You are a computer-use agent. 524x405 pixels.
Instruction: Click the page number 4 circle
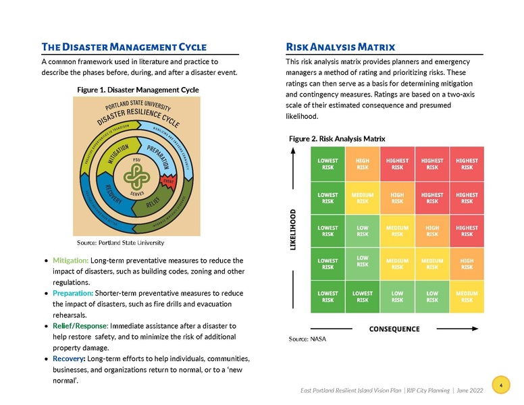[500, 385]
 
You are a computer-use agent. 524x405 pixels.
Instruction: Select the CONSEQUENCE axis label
[394, 329]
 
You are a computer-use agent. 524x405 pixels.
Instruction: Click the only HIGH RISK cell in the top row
[363, 164]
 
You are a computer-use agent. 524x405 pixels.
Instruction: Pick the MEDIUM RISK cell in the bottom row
[467, 297]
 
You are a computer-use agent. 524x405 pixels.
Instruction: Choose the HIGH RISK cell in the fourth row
[467, 264]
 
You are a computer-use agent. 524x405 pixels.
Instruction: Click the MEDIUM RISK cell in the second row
[363, 198]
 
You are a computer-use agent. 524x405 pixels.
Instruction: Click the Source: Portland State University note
[120, 242]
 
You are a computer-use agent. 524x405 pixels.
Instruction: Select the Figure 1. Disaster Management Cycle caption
[138, 90]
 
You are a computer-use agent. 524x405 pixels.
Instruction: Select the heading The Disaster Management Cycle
[124, 47]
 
